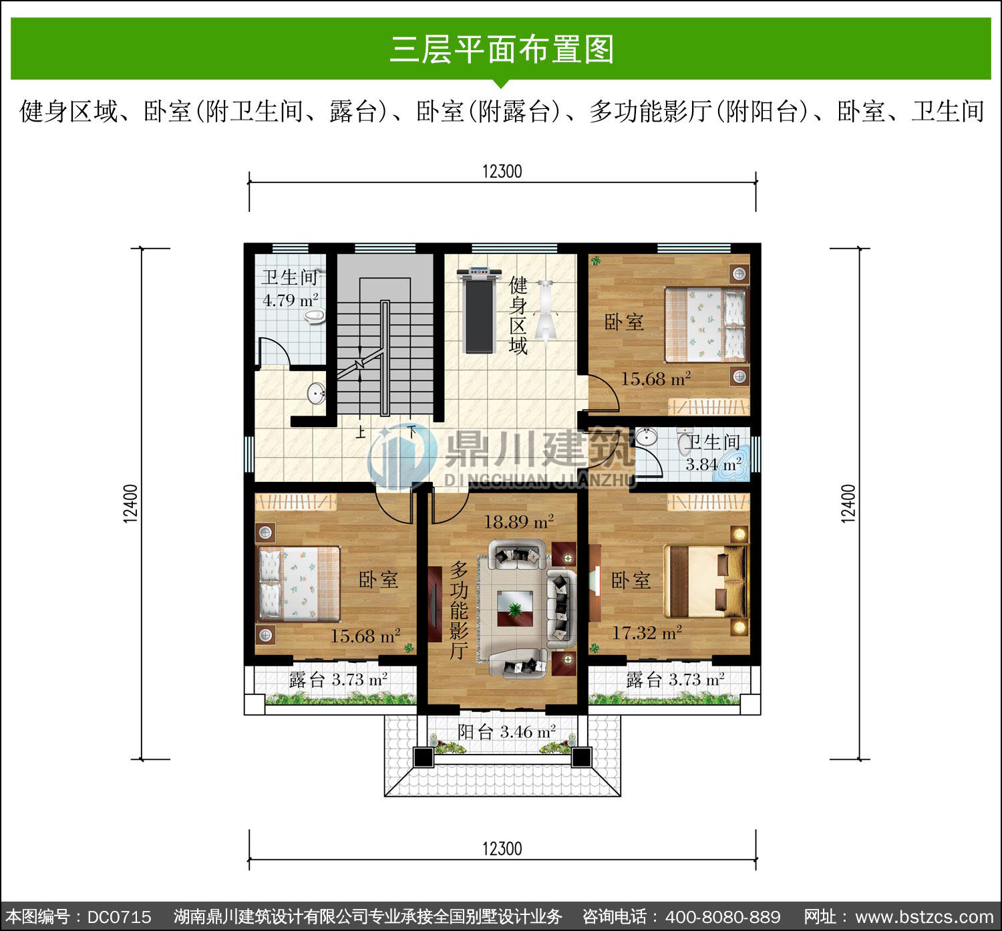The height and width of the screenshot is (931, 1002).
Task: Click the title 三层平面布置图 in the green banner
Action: point(502,49)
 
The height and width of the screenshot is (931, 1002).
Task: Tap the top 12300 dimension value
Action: point(502,172)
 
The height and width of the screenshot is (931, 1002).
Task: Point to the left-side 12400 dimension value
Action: point(131,503)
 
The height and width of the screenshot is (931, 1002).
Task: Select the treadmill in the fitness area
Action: point(479,310)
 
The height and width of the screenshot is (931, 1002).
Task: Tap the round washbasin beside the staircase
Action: point(317,393)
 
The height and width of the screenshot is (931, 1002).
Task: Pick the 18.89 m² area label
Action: point(518,521)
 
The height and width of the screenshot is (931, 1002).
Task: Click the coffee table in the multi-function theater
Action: point(514,608)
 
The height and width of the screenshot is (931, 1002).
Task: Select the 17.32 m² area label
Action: point(647,632)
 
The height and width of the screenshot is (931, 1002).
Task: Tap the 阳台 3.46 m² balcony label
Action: point(506,732)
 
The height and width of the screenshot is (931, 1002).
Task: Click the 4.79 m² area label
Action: point(291,300)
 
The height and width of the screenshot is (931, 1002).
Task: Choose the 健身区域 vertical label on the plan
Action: point(518,315)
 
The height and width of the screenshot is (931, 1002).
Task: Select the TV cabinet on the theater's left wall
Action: point(434,604)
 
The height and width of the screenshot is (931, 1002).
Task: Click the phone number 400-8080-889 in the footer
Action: point(723,916)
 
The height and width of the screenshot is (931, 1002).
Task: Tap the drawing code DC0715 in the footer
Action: point(120,916)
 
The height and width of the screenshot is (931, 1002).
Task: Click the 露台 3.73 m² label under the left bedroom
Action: point(338,680)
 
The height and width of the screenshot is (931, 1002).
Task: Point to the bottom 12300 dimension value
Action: point(502,849)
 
